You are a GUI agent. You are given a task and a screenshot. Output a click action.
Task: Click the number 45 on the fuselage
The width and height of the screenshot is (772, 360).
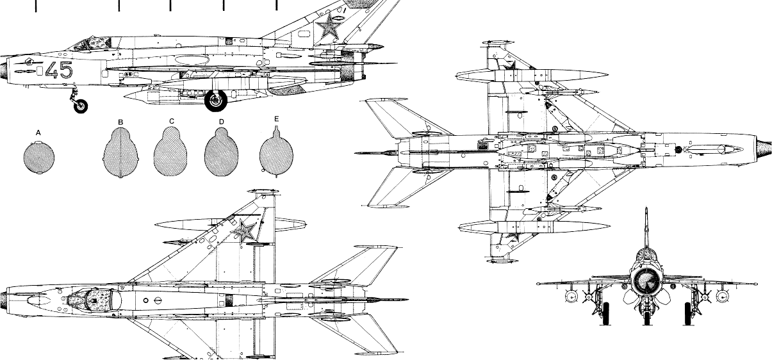tap(58, 70)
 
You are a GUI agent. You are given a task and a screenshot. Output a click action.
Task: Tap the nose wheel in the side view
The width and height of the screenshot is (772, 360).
tap(81, 106)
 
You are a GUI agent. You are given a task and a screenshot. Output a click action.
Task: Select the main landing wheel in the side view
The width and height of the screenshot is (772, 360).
tap(216, 100)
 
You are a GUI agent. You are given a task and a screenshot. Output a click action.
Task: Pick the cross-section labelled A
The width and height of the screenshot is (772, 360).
tap(38, 158)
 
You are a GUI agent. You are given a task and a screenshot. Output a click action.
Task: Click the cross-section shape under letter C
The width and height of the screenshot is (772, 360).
tap(171, 154)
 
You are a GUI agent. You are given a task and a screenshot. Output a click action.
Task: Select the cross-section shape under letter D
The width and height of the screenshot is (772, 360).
tap(222, 154)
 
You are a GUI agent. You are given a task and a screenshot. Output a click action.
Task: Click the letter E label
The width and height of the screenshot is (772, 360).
tap(277, 119)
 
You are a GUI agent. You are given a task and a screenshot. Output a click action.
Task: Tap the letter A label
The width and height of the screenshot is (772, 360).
tap(38, 133)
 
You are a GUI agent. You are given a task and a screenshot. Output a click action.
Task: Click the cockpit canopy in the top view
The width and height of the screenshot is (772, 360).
tap(94, 299)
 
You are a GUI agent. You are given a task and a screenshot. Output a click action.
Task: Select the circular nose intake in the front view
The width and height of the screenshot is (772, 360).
tap(646, 279)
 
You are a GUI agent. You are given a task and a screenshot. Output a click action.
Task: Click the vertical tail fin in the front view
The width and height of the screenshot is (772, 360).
tap(646, 231)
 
